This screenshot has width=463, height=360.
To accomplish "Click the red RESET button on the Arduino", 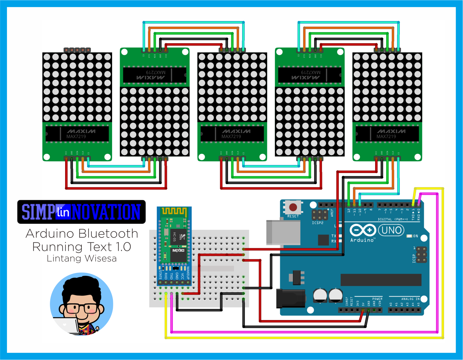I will pos(293,207).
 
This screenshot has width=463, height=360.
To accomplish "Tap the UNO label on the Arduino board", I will pos(391,230).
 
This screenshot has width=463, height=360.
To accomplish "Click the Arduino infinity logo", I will pos(363,230).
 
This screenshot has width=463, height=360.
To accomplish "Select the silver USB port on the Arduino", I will pos(283,233).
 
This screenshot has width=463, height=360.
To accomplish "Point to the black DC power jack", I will pos(290,298).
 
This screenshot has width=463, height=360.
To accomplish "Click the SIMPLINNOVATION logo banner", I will pos(81,212).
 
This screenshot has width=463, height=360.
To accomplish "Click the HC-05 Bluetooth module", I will pos(174,242).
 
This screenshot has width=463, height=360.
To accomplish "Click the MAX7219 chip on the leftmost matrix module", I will pos(77,134).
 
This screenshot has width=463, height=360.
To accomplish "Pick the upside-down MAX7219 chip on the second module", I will pos(155,74).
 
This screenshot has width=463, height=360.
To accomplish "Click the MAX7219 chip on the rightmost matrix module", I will pos(387,134).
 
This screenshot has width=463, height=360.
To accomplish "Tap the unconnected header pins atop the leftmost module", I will pos(77,50).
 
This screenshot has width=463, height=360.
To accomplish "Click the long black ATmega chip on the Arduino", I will pos(381,280).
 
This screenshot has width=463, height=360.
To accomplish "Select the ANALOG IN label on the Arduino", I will pos(410,299).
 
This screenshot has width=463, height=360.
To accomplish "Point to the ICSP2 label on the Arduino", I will pos(318,223).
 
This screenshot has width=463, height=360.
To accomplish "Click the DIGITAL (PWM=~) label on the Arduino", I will pos(393,219).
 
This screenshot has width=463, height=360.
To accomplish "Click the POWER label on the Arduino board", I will pos(377,299).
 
